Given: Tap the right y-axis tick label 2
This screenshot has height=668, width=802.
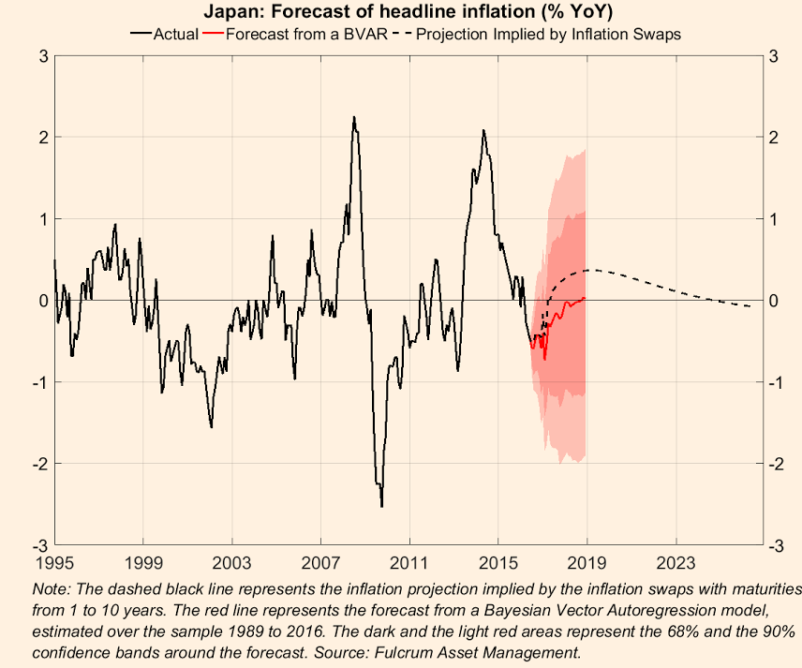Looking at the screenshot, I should (773, 137).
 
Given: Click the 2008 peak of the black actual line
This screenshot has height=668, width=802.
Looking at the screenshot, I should (353, 118).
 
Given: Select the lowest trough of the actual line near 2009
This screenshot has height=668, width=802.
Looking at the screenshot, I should (381, 506).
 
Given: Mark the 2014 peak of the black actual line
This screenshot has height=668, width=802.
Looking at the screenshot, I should (483, 130).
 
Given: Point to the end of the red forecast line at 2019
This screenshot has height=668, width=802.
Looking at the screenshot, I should (585, 298).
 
